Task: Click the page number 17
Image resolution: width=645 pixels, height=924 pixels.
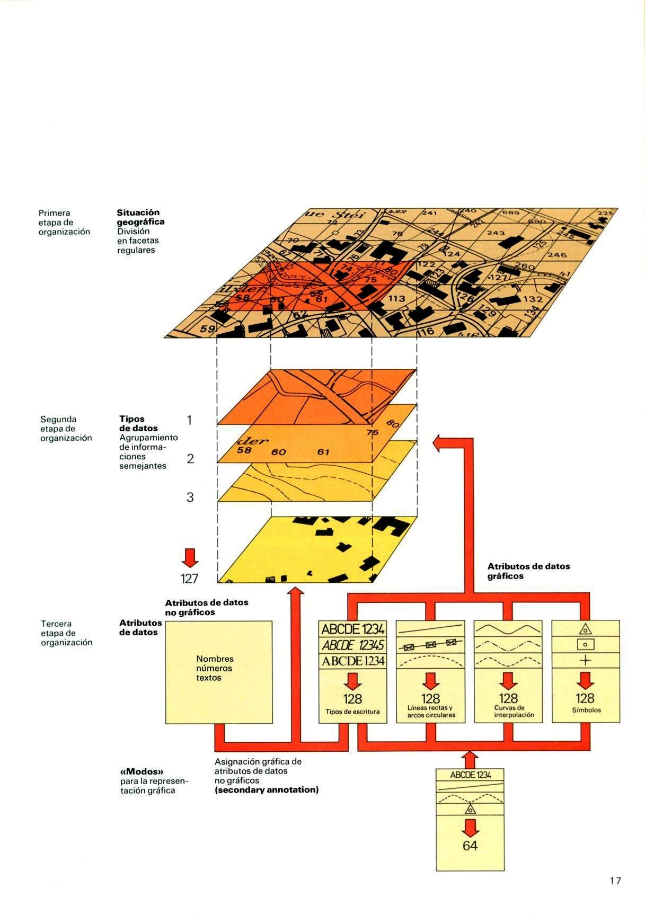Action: tap(615, 881)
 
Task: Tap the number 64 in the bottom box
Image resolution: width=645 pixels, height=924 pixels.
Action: tap(470, 845)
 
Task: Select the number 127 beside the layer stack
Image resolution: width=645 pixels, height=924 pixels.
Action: tap(189, 578)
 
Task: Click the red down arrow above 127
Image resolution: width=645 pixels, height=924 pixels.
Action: tap(189, 557)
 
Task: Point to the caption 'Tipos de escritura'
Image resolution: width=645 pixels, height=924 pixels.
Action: tap(352, 712)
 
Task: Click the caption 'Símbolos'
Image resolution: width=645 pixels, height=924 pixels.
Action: tap(586, 710)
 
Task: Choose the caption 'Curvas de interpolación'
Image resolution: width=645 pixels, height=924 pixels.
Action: tap(508, 711)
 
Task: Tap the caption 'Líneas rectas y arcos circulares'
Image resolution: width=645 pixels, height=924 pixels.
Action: tap(431, 712)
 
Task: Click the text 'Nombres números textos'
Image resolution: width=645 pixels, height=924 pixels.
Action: tap(215, 668)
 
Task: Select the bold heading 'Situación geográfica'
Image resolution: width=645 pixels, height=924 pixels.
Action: tap(140, 217)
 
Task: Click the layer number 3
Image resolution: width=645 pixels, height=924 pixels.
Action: tap(190, 497)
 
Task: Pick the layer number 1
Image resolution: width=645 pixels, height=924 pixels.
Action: tap(190, 421)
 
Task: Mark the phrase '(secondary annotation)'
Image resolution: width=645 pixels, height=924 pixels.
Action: tap(267, 790)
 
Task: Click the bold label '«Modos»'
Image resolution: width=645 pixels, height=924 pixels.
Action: tap(140, 771)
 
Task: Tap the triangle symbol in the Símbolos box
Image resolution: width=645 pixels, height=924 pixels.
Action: tap(585, 629)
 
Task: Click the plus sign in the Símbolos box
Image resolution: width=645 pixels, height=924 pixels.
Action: tap(585, 660)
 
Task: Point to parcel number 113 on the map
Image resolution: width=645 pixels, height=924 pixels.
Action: tap(396, 299)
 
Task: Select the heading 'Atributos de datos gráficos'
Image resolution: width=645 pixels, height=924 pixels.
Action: tap(528, 571)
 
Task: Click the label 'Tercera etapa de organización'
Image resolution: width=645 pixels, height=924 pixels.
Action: tap(66, 633)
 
